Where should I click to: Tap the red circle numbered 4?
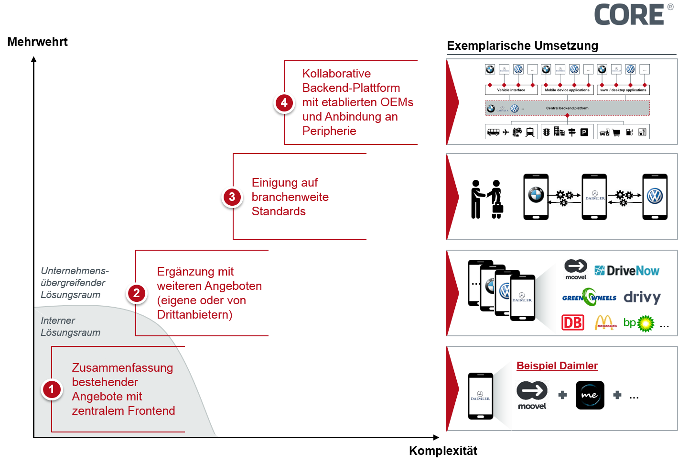284,102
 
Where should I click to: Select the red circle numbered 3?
232,197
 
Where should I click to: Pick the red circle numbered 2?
137,293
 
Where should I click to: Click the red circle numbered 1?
52,389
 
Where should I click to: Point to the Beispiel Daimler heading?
557,366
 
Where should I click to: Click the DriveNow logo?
627,271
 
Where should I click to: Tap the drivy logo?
642,297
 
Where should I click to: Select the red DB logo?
573,323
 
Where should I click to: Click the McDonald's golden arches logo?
605,323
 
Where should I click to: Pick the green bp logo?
639,323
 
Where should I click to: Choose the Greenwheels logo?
589,297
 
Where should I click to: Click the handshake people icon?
486,199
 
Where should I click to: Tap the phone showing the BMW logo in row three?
536,197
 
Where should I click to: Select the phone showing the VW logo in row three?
655,197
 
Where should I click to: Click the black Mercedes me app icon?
590,395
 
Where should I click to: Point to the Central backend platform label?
567,108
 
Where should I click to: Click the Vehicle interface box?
511,90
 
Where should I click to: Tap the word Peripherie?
329,131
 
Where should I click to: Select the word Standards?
279,211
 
